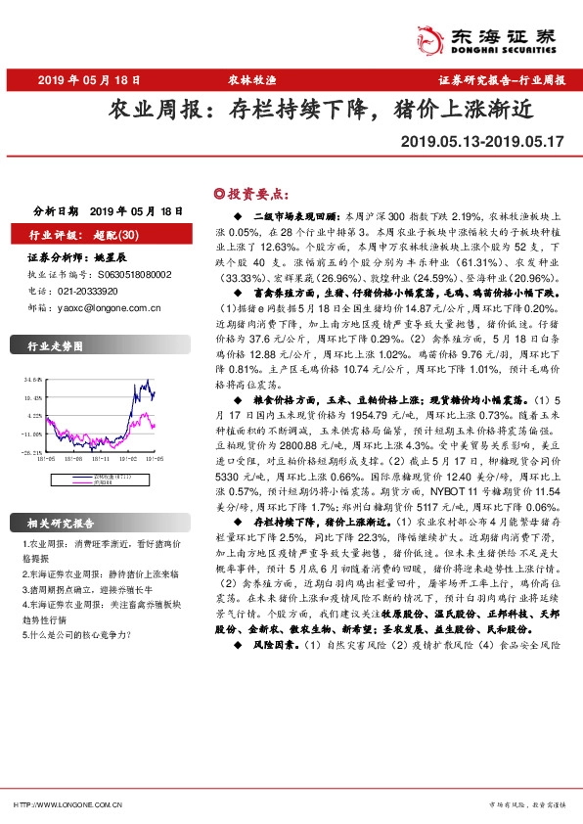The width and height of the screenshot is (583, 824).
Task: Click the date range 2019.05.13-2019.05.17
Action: click(482, 142)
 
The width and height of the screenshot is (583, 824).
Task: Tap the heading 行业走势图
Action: click(55, 345)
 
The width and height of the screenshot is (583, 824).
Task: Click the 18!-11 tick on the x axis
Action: click(98, 457)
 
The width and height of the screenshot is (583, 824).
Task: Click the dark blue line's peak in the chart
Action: click(146, 381)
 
